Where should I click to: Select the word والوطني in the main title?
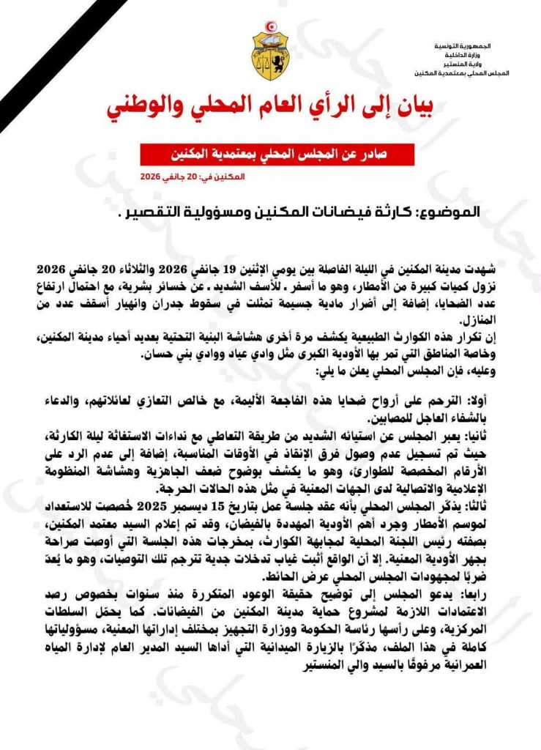tap(149, 108)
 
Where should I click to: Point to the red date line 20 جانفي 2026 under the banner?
tap(187, 178)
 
